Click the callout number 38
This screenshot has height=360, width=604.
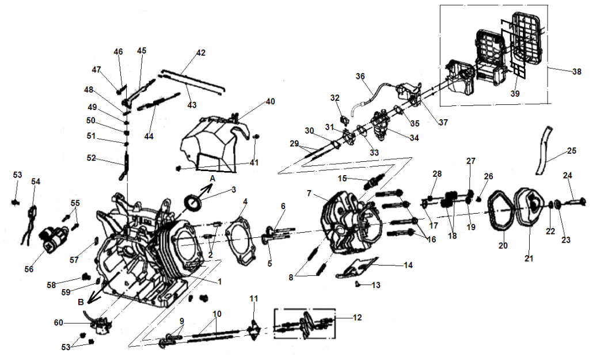click(x=576, y=72)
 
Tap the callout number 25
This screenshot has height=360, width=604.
click(x=571, y=150)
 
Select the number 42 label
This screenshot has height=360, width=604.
click(x=200, y=53)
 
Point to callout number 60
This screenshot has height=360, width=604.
click(x=58, y=323)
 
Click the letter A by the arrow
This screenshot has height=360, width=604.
click(x=212, y=179)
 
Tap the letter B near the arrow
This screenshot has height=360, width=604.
click(x=81, y=301)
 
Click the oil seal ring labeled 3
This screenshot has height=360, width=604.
click(x=193, y=203)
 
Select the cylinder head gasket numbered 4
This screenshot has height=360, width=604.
click(x=237, y=233)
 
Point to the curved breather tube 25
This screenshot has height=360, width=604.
click(x=544, y=151)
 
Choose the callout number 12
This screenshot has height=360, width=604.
click(x=357, y=318)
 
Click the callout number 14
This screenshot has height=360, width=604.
click(x=408, y=266)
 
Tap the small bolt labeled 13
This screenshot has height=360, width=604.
click(x=358, y=284)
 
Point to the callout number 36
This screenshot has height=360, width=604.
click(x=360, y=76)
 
